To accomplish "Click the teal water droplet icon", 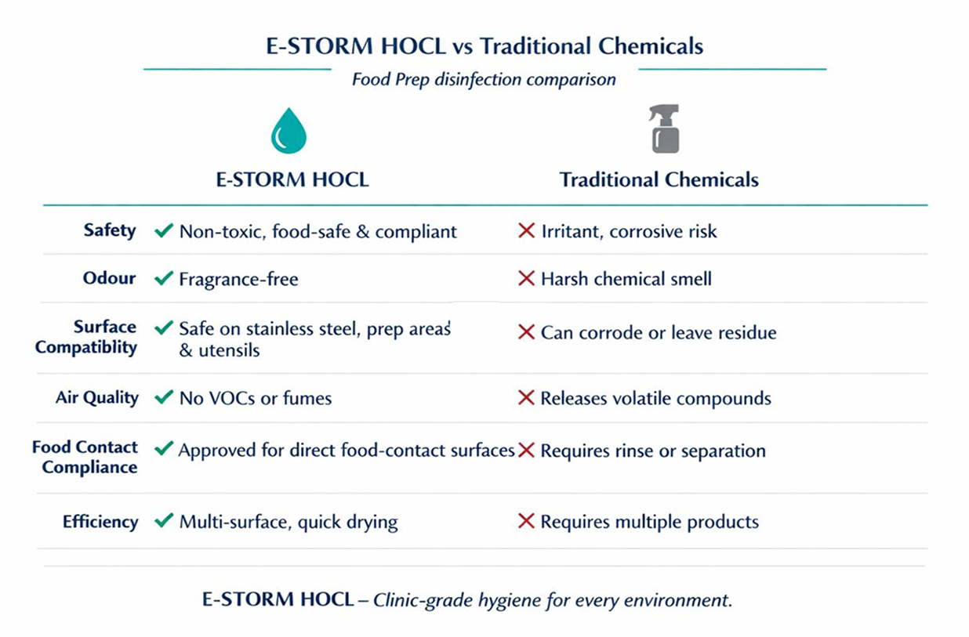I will [288, 131].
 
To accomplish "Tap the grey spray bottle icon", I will [665, 129].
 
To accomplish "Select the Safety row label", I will [110, 230].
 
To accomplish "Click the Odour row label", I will [109, 278].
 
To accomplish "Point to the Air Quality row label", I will [96, 397].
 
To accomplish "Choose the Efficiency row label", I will [100, 521].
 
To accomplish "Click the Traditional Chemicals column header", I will [659, 180].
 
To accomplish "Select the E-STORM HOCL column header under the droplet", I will [292, 179].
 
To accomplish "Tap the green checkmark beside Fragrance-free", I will [164, 278].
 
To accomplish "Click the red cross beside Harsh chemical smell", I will [527, 278].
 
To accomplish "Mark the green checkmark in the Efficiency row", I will [164, 520].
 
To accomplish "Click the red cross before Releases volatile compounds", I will [527, 398].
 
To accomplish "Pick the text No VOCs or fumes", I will [256, 398].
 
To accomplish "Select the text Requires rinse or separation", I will [653, 451].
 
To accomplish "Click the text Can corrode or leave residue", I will [659, 332].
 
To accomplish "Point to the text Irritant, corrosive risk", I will [629, 231].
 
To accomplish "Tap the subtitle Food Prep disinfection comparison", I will [484, 79].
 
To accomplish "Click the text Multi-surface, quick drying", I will [289, 522].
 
